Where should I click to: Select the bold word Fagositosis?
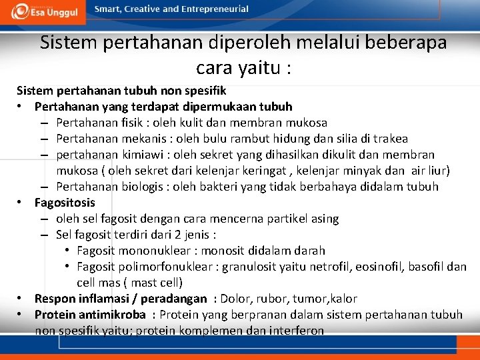pos(65,203)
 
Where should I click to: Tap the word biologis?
pos(136,187)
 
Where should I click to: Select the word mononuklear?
pos(156,251)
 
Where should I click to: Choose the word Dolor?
pos(235,299)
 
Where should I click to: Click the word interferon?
pos(294,331)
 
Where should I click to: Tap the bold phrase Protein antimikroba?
pos(90,315)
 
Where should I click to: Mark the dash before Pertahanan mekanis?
pos(43,139)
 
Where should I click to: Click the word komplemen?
pos(202,331)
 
